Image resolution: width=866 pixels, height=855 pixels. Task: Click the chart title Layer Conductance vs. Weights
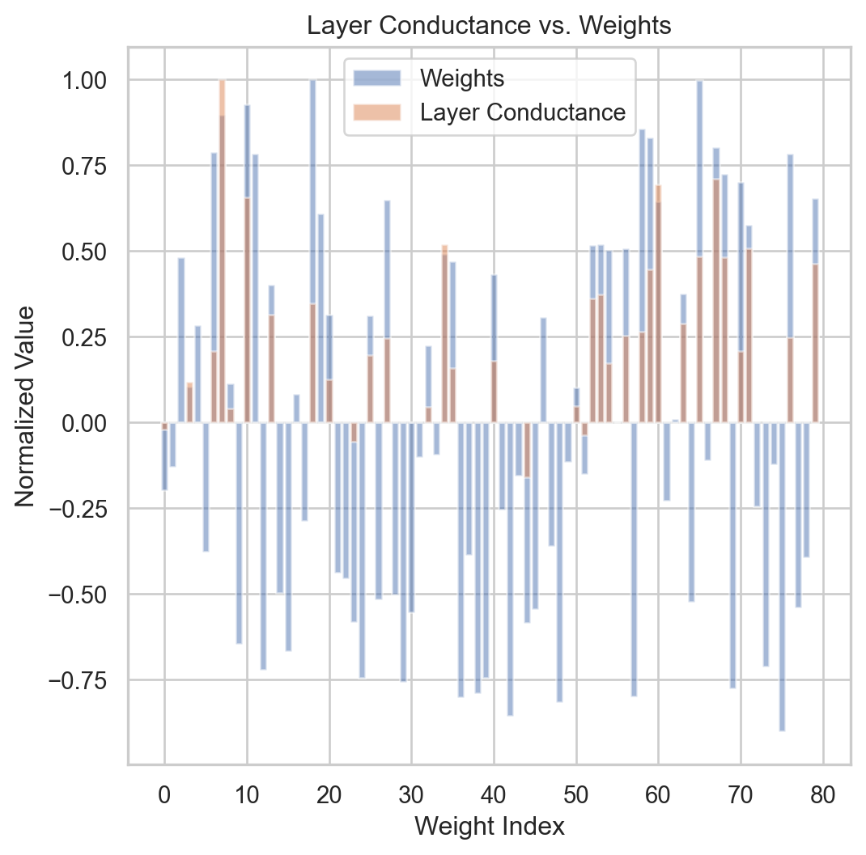click(490, 26)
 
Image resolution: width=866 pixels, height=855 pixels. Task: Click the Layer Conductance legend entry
click(523, 112)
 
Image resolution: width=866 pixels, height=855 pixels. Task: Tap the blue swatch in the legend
click(377, 78)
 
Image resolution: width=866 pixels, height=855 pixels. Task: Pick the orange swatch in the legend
click(377, 112)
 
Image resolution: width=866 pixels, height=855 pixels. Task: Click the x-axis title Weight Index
click(490, 826)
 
